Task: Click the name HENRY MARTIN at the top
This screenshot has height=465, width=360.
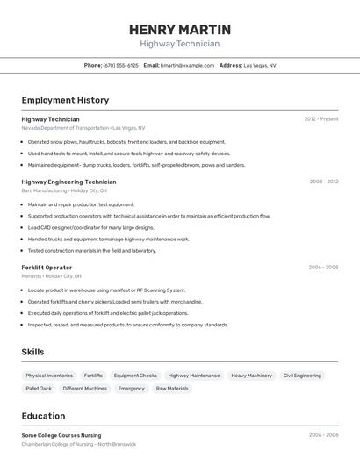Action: [x=180, y=30]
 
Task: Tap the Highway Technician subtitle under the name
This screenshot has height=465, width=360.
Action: [x=180, y=44]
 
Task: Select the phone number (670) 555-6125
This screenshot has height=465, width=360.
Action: [x=120, y=65]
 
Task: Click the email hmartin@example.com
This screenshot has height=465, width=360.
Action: [x=188, y=65]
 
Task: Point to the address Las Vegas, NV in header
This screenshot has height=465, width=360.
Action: [x=260, y=65]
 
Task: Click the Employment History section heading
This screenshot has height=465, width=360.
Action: [x=65, y=100]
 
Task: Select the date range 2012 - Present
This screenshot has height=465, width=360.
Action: [x=321, y=119]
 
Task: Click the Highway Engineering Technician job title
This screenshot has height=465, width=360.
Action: [x=68, y=182]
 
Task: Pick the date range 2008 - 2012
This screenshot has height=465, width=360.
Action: [x=324, y=182]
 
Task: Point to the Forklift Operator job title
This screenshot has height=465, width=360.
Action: [x=47, y=267]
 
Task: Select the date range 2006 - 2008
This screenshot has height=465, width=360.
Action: [x=323, y=267]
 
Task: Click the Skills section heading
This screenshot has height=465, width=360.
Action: [x=33, y=352]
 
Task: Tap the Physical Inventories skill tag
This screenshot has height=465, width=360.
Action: [x=49, y=376]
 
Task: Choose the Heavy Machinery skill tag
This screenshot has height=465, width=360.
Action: [x=252, y=376]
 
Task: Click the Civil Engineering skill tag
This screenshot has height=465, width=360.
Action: [x=302, y=376]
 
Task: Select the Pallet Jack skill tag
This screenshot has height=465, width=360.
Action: [x=39, y=388]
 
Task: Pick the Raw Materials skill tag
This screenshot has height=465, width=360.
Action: [x=172, y=388]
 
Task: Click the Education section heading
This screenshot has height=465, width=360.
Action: [x=43, y=416]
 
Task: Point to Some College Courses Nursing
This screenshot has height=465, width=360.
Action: [x=61, y=435]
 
